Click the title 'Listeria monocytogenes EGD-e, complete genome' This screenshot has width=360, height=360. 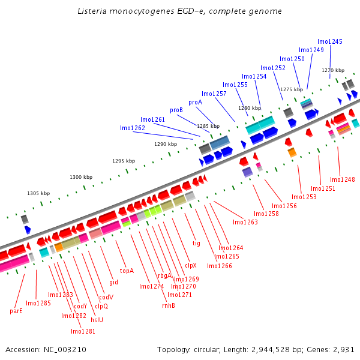click(179, 11)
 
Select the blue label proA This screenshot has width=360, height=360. click(195, 102)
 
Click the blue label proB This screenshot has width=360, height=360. click(176, 110)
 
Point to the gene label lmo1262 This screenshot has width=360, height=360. click(133, 128)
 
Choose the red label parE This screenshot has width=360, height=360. click(16, 311)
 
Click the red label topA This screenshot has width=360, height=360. click(127, 271)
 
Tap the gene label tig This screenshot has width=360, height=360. click(196, 243)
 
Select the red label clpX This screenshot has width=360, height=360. click(190, 265)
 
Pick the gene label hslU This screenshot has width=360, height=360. click(97, 320)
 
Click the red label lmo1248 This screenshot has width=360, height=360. click(342, 179)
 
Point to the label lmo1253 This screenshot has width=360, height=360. click(304, 197)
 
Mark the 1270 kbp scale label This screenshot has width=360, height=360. click(333, 71)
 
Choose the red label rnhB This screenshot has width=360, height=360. click(169, 305)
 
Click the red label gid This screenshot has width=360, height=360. click(113, 281)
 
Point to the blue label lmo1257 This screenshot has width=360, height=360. click(214, 94)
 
